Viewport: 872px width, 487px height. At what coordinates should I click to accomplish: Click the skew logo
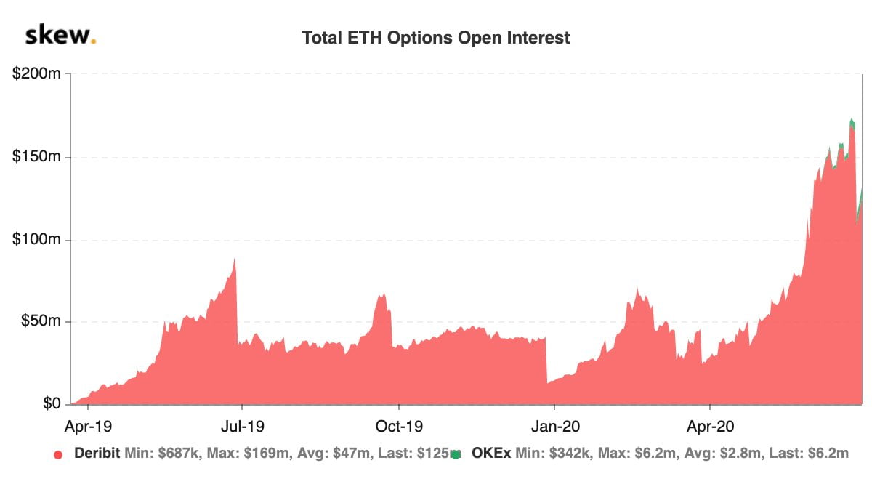pos(60,36)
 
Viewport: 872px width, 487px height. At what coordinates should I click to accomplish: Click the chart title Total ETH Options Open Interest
pos(436,38)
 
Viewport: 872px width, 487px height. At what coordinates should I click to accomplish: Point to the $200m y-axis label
pos(37,74)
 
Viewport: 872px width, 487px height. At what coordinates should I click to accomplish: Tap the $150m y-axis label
pos(37,157)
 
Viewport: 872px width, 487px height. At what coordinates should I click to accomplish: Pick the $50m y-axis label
pos(40,321)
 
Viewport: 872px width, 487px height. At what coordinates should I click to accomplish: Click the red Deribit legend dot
pos(58,454)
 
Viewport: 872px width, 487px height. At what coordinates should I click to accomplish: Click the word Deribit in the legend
pos(97,454)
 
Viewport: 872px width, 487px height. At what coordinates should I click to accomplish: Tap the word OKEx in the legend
pos(490,454)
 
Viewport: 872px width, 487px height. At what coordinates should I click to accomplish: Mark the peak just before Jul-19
pos(235,260)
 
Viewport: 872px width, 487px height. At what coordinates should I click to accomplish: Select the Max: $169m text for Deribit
pos(231,454)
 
